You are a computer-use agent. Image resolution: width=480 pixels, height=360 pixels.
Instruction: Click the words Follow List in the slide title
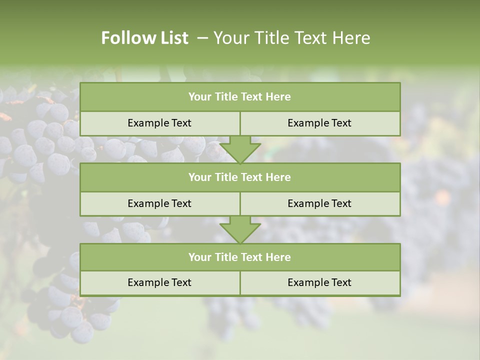tap(144, 38)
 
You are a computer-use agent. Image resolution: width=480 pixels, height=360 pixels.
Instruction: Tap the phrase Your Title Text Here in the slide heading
tap(291, 38)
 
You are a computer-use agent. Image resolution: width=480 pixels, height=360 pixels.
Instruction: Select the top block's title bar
tap(240, 97)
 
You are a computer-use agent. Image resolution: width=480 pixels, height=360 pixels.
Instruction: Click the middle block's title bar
tap(240, 177)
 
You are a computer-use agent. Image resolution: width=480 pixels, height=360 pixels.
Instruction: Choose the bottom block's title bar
tap(240, 257)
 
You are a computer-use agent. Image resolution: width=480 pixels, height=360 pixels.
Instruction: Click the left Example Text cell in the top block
tap(159, 123)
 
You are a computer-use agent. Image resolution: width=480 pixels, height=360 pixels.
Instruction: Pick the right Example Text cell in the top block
tap(319, 123)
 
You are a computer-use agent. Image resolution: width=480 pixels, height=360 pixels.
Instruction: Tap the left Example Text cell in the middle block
tap(159, 203)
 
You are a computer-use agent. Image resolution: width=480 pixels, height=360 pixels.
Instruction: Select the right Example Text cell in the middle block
tap(319, 203)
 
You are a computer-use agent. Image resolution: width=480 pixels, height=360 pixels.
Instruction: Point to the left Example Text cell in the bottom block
tap(159, 282)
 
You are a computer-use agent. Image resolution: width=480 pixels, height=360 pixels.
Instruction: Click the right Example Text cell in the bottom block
tap(319, 282)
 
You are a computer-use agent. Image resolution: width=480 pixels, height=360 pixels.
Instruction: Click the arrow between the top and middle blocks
tap(240, 149)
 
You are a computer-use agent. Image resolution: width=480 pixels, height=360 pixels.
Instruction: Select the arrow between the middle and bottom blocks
tap(240, 230)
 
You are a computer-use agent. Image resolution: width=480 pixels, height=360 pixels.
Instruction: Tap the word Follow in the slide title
tap(125, 38)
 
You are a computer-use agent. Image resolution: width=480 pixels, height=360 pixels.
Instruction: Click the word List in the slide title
tap(172, 38)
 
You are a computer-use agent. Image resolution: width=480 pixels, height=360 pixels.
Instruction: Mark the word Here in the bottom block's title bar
tap(278, 257)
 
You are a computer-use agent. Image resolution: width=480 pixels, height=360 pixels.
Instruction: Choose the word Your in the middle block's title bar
tap(199, 177)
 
